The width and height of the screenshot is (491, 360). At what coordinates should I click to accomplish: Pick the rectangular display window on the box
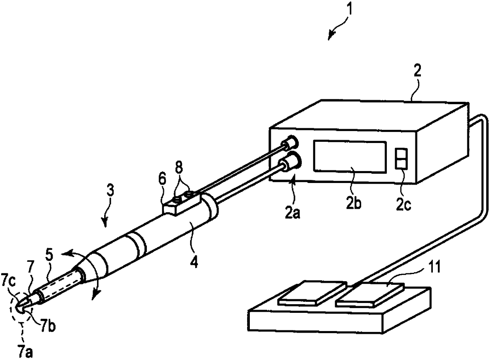[350, 156]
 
